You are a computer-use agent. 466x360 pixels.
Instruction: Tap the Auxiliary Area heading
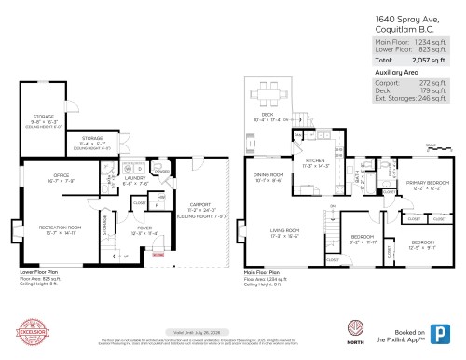[x=395, y=71]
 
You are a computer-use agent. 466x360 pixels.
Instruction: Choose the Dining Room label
[x=268, y=175]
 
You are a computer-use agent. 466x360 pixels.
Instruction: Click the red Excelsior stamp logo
[x=34, y=334]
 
